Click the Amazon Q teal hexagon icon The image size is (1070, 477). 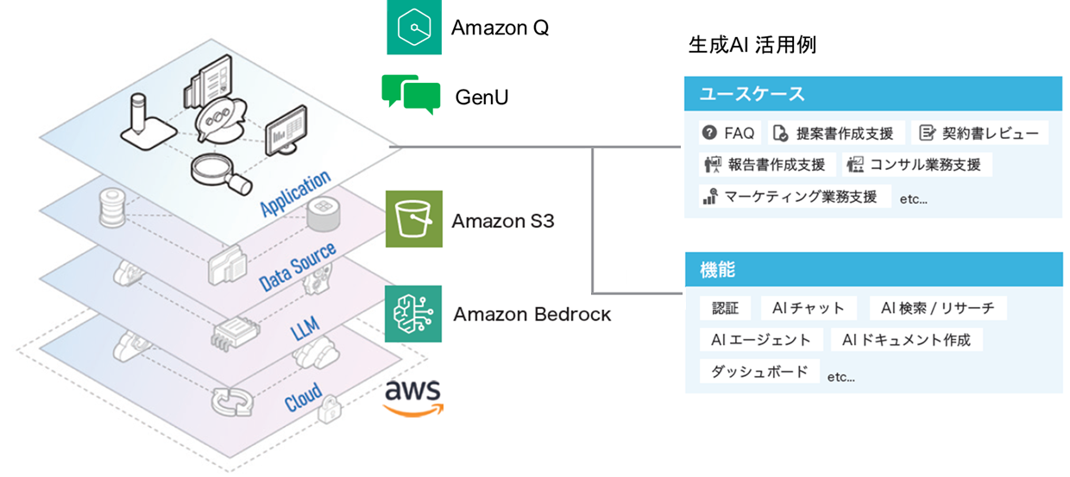pyautogui.click(x=414, y=28)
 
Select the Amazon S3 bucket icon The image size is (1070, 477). pyautogui.click(x=414, y=219)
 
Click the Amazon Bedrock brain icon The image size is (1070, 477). pyautogui.click(x=413, y=313)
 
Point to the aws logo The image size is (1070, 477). pyautogui.click(x=412, y=397)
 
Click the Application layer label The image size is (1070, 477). pyautogui.click(x=295, y=193)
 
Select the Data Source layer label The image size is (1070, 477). pyautogui.click(x=297, y=267)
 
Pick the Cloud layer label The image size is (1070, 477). pyautogui.click(x=302, y=397)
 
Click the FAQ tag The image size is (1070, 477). pyautogui.click(x=729, y=133)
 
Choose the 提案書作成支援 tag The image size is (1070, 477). pyautogui.click(x=836, y=133)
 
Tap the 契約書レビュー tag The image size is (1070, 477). pyautogui.click(x=979, y=133)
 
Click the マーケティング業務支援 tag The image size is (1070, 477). pyautogui.click(x=793, y=196)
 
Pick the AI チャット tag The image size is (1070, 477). pyautogui.click(x=808, y=308)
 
